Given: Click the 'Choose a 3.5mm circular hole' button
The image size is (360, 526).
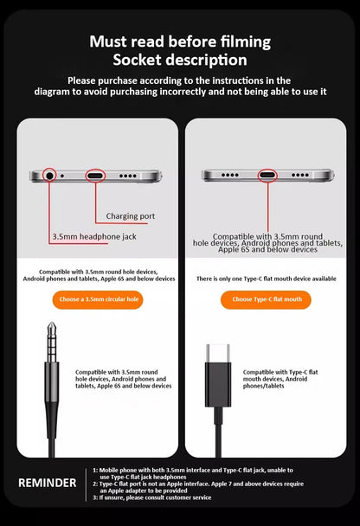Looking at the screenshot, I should pos(97,300).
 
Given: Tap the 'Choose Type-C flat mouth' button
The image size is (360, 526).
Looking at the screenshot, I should pos(266,300).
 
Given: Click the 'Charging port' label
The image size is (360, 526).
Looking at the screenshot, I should pos(131,215).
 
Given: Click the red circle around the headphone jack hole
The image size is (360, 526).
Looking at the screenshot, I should pos(48,176).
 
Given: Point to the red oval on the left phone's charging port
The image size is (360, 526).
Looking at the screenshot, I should pos(96,176).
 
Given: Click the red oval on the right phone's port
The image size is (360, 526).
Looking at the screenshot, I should pos(266,176).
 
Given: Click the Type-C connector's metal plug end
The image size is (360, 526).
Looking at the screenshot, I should pos(218,354).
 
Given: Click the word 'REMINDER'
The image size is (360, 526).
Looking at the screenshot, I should pos(47,482).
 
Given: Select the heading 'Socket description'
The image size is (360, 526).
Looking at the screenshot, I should pos(180,60).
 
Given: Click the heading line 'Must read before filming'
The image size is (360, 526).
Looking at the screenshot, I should pos(180,42).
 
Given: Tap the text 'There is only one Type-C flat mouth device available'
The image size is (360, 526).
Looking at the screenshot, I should pos(266,279).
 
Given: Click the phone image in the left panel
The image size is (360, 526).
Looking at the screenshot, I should pos(96,176).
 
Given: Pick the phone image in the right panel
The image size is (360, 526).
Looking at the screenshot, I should pos(266,176).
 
